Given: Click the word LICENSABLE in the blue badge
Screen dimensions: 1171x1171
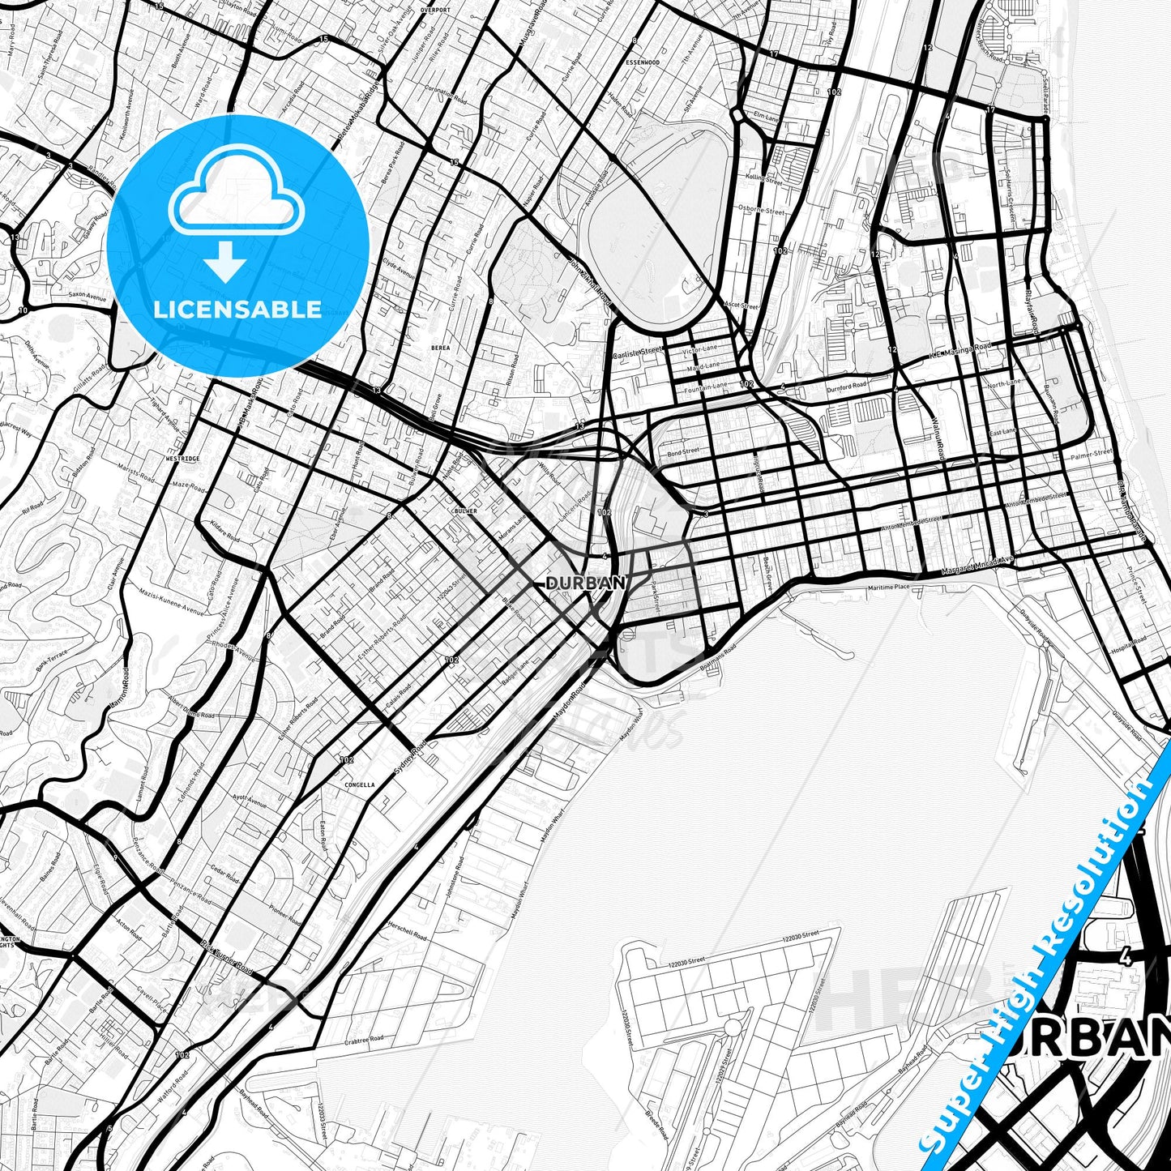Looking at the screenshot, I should (237, 309).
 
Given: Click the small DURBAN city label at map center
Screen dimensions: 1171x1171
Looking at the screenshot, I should (585, 583).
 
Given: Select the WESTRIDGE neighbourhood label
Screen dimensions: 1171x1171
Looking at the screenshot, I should (182, 458).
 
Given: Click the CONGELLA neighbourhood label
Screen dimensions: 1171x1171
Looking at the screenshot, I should (360, 784).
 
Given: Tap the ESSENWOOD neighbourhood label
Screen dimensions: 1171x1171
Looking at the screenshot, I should (643, 62).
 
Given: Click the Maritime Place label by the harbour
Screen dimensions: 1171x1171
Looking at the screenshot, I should (888, 586).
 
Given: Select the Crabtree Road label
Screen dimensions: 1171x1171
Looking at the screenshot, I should (362, 1041).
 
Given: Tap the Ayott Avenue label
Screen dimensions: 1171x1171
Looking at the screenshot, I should (249, 801).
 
